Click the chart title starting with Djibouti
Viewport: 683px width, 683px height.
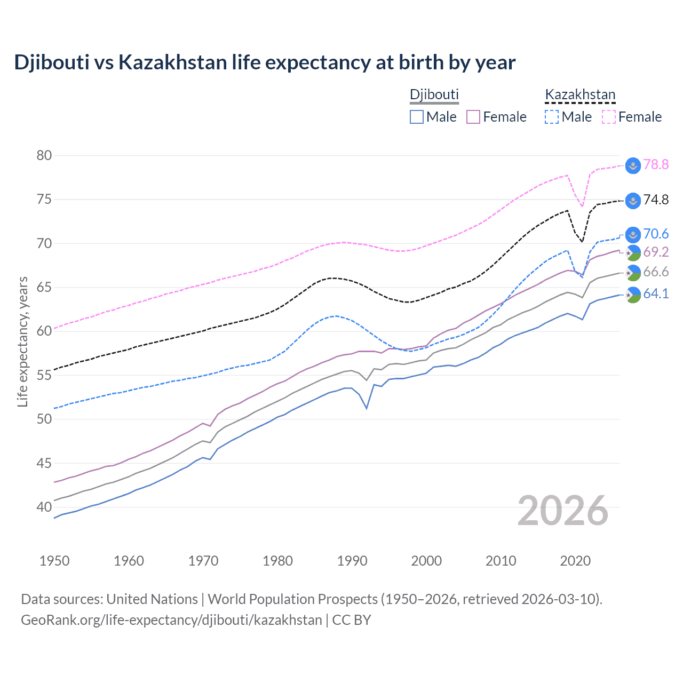pyautogui.click(x=265, y=62)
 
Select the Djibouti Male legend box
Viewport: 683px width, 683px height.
pyautogui.click(x=417, y=117)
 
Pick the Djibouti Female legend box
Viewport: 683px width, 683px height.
pyautogui.click(x=473, y=117)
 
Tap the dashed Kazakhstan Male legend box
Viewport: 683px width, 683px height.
pyautogui.click(x=552, y=117)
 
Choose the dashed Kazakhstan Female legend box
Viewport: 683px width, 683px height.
pyautogui.click(x=609, y=117)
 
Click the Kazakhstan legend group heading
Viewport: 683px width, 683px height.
pyautogui.click(x=580, y=95)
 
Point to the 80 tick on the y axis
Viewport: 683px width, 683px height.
pyautogui.click(x=44, y=156)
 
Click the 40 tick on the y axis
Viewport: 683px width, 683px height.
pyautogui.click(x=44, y=507)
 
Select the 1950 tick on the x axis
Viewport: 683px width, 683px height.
pyautogui.click(x=54, y=561)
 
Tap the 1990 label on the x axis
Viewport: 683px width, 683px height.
pyautogui.click(x=352, y=561)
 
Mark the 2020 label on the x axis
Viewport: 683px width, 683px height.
pyautogui.click(x=575, y=561)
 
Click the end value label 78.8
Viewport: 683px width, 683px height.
pyautogui.click(x=656, y=165)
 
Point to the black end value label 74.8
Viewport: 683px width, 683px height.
pyautogui.click(x=656, y=200)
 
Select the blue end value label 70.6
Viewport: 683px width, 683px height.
pyautogui.click(x=656, y=234)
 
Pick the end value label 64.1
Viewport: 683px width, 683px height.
pyautogui.click(x=656, y=294)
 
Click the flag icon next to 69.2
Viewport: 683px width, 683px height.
pyautogui.click(x=633, y=253)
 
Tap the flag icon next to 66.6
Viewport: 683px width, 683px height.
pyautogui.click(x=633, y=273)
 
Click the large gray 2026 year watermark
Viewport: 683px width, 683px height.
pyautogui.click(x=563, y=511)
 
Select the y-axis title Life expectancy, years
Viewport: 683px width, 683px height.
pyautogui.click(x=23, y=341)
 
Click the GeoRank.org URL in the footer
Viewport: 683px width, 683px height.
pyautogui.click(x=171, y=620)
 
